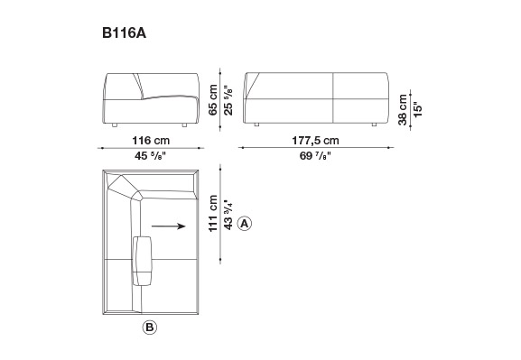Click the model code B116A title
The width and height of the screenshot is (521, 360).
124,33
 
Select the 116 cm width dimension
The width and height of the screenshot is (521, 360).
151,141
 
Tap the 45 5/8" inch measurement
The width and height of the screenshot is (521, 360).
150,156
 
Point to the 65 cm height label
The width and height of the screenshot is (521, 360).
213,99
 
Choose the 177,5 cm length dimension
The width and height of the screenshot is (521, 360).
315,141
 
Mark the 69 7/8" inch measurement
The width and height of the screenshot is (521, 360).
315,156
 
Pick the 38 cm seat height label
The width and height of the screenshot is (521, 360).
403,109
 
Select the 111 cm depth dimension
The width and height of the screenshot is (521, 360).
213,213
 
